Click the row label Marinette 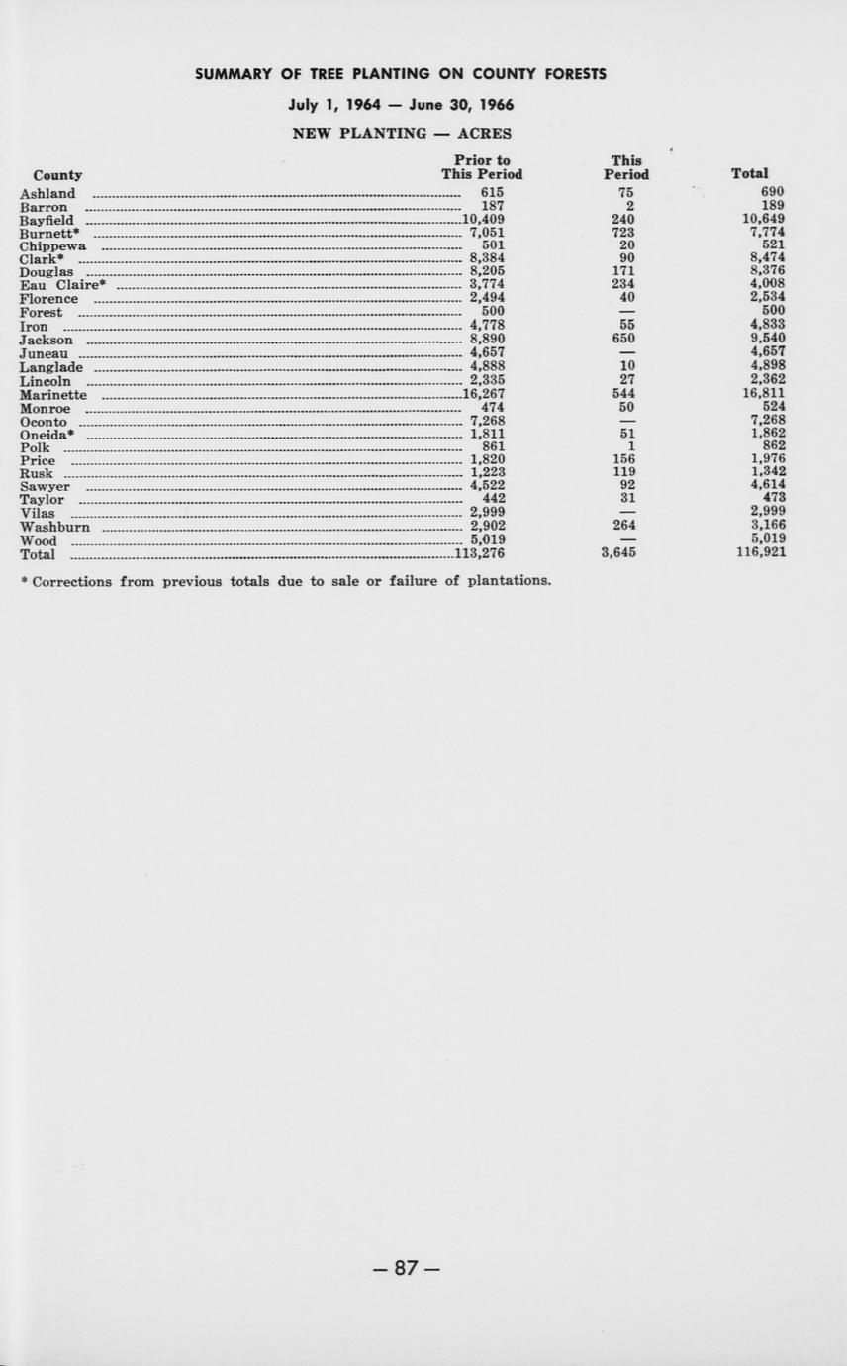pyautogui.click(x=53, y=395)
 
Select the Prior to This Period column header pyautogui.click(x=482, y=167)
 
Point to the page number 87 pyautogui.click(x=406, y=1268)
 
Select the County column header pyautogui.click(x=57, y=175)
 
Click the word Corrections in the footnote pyautogui.click(x=72, y=581)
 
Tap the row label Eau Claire pyautogui.click(x=59, y=286)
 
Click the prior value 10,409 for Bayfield pyautogui.click(x=484, y=220)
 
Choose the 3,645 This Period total pyautogui.click(x=618, y=553)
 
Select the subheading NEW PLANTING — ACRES pyautogui.click(x=402, y=133)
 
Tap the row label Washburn pyautogui.click(x=54, y=528)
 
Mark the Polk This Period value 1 pyautogui.click(x=630, y=446)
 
